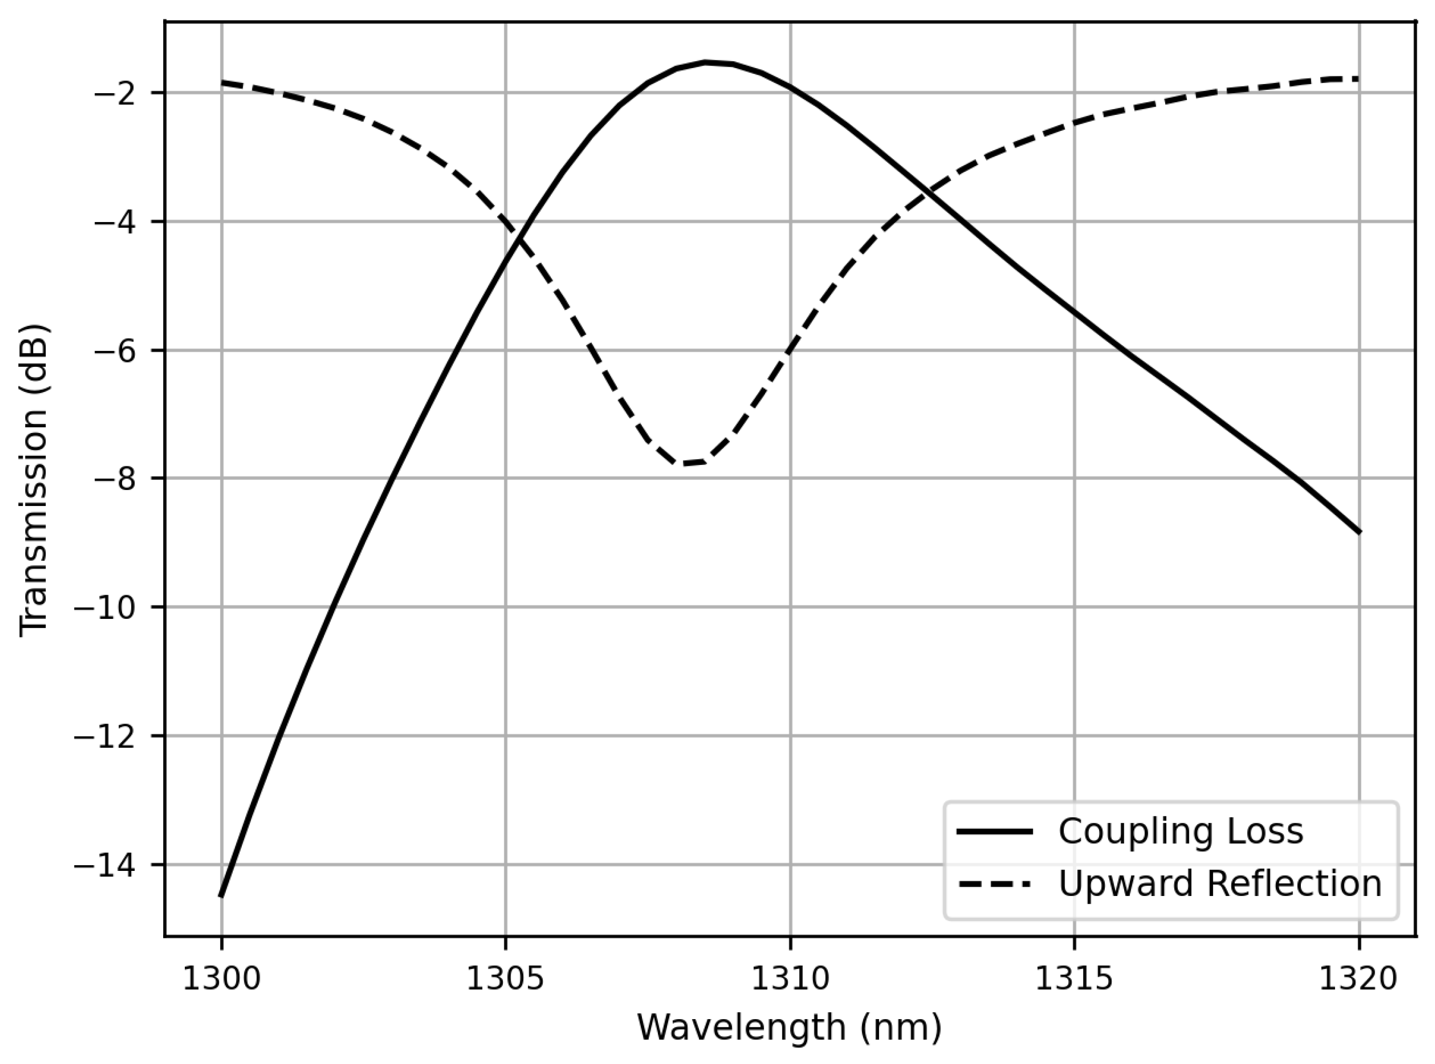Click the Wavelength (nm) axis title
[789, 1028]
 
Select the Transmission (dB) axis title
[33, 479]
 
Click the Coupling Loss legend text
[1181, 831]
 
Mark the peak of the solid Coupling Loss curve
[706, 62]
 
